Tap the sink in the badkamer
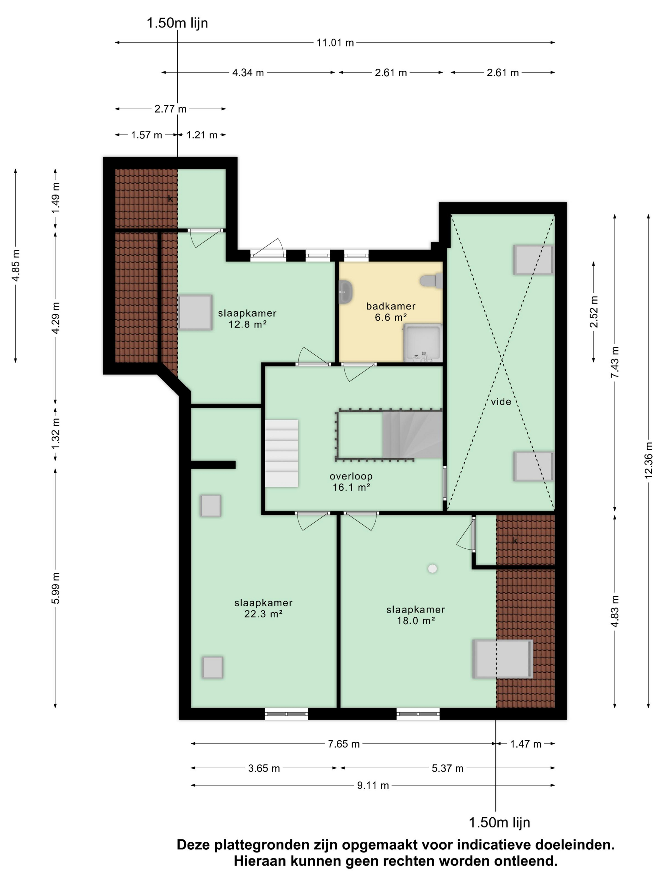[345, 292]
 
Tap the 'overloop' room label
[351, 476]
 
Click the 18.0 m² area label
[416, 621]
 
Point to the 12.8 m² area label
[247, 324]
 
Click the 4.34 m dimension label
[248, 73]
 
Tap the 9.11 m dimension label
[373, 785]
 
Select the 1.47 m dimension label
[526, 744]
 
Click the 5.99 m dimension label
[56, 588]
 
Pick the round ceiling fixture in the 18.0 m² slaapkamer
[432, 568]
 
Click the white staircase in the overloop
[282, 453]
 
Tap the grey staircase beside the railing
[412, 434]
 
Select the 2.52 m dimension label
[594, 312]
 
